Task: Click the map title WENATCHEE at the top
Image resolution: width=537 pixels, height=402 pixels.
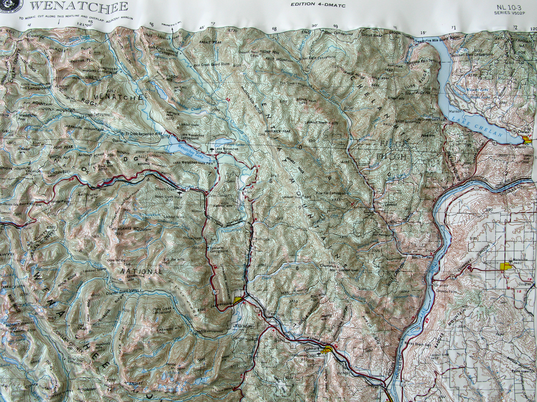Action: [79, 6]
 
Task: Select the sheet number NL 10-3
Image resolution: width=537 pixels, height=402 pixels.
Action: [508, 7]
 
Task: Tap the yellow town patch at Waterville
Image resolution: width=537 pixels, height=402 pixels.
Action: [506, 266]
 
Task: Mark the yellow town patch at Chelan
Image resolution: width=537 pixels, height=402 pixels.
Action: [527, 140]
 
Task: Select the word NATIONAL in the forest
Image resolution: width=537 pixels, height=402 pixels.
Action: [142, 272]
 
